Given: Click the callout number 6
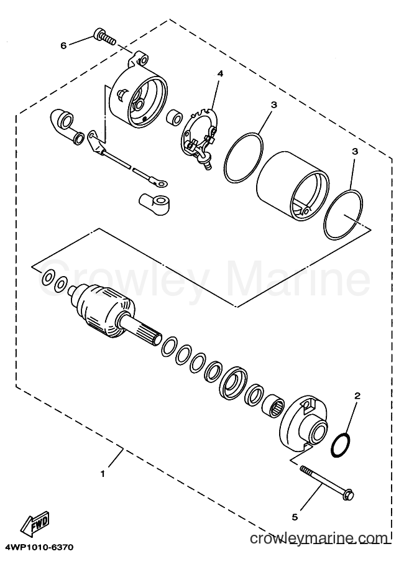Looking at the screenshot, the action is click(63, 45).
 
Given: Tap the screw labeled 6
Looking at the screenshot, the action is click(104, 37).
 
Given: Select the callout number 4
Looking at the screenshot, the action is click(220, 74).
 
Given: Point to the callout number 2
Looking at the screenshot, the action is click(357, 396).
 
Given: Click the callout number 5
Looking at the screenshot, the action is click(295, 517).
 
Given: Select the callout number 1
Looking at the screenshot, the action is click(103, 474).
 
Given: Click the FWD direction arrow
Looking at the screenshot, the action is click(34, 526).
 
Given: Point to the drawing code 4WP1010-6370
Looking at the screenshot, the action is click(38, 548).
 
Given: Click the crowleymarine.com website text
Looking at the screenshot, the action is click(319, 539).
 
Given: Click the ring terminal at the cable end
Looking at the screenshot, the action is click(160, 183).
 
